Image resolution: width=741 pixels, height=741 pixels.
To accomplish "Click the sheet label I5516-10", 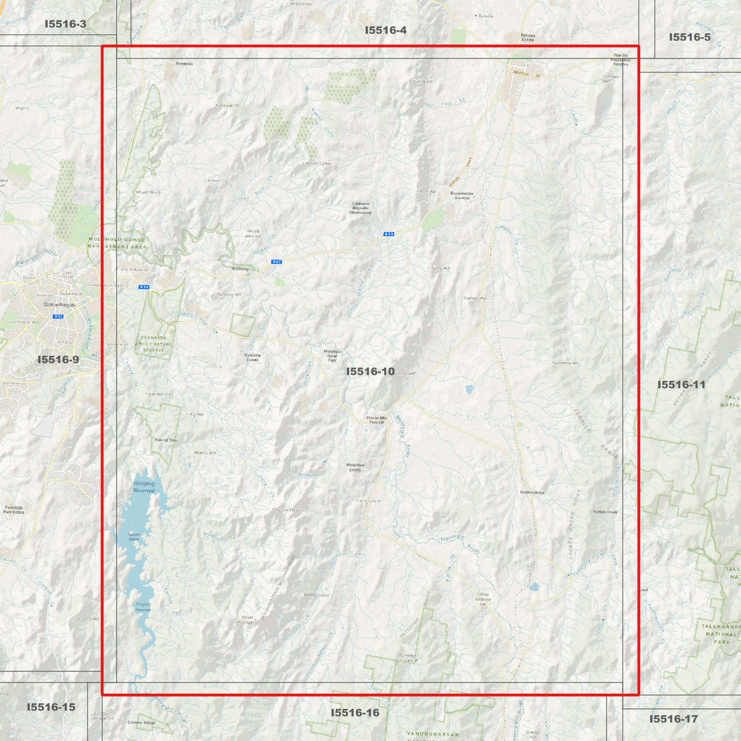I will [x=370, y=371].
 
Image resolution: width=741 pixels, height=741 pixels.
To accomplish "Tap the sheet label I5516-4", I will [x=386, y=30].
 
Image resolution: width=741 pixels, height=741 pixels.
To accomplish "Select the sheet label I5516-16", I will [x=355, y=713].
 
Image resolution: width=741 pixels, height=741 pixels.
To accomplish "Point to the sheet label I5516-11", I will [x=682, y=385].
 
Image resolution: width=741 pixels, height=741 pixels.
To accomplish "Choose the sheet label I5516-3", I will [x=65, y=24].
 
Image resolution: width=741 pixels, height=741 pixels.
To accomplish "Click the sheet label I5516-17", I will [x=673, y=719].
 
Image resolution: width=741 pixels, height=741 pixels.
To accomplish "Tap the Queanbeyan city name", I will [x=59, y=305].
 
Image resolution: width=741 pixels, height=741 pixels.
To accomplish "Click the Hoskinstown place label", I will [x=532, y=492].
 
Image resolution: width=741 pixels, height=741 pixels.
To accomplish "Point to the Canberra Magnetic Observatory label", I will [x=361, y=208].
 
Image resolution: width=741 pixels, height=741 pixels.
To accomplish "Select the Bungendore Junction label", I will [x=462, y=195].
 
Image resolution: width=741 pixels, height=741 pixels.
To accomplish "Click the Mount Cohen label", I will [x=318, y=164].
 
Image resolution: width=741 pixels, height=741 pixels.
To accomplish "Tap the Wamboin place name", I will [x=184, y=64].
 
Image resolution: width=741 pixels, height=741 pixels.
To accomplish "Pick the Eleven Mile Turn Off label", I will [x=377, y=420].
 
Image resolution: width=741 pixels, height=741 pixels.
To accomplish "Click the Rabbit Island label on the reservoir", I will [x=134, y=537].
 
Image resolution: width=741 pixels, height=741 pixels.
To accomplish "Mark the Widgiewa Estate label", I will [x=355, y=467].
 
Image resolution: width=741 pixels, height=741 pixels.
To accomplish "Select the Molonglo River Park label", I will [x=332, y=356].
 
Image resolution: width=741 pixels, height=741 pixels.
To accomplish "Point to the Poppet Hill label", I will [x=229, y=105].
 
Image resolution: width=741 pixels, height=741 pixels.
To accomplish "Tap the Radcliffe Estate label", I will [x=252, y=357].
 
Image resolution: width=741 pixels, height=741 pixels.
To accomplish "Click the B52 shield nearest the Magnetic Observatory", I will [x=389, y=234].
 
